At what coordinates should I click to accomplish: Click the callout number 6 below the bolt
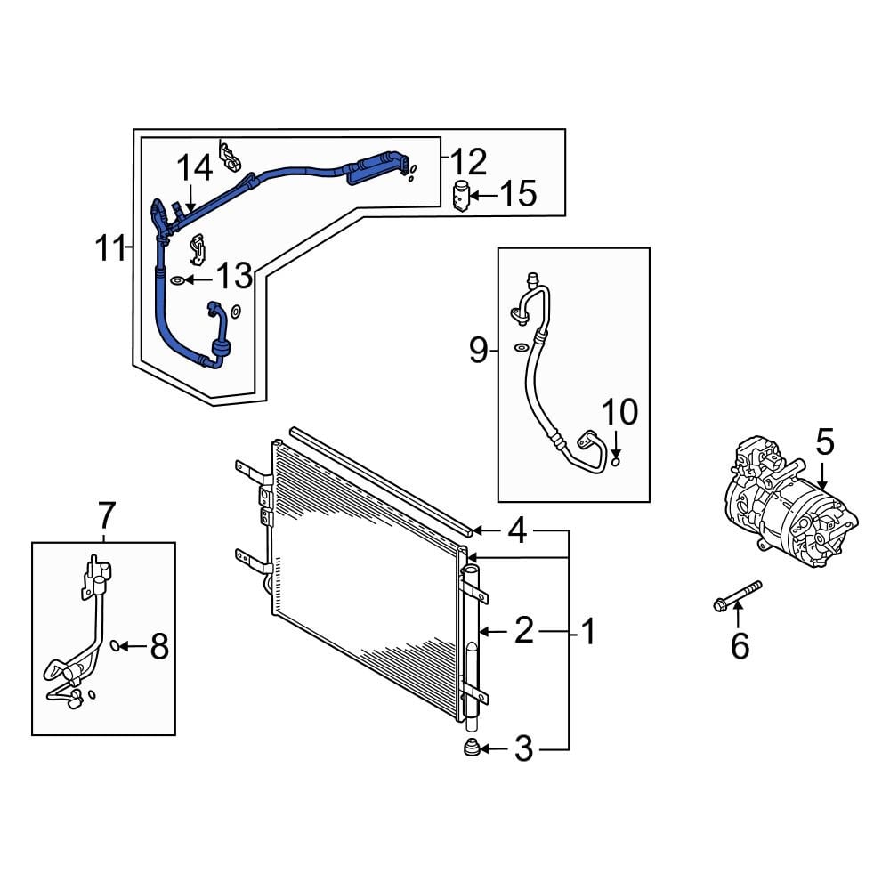(740, 645)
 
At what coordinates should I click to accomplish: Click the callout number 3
(523, 750)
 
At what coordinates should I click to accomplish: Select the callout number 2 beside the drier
(523, 631)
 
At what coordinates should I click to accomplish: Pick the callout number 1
(587, 632)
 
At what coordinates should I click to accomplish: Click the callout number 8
(158, 647)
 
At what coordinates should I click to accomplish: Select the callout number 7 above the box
(106, 514)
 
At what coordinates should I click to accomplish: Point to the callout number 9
(478, 352)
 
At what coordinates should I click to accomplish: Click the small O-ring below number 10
(616, 460)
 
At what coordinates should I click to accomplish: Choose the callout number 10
(619, 412)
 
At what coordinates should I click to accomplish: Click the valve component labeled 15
(462, 195)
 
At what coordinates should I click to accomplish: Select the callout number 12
(468, 162)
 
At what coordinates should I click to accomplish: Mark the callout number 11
(111, 248)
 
